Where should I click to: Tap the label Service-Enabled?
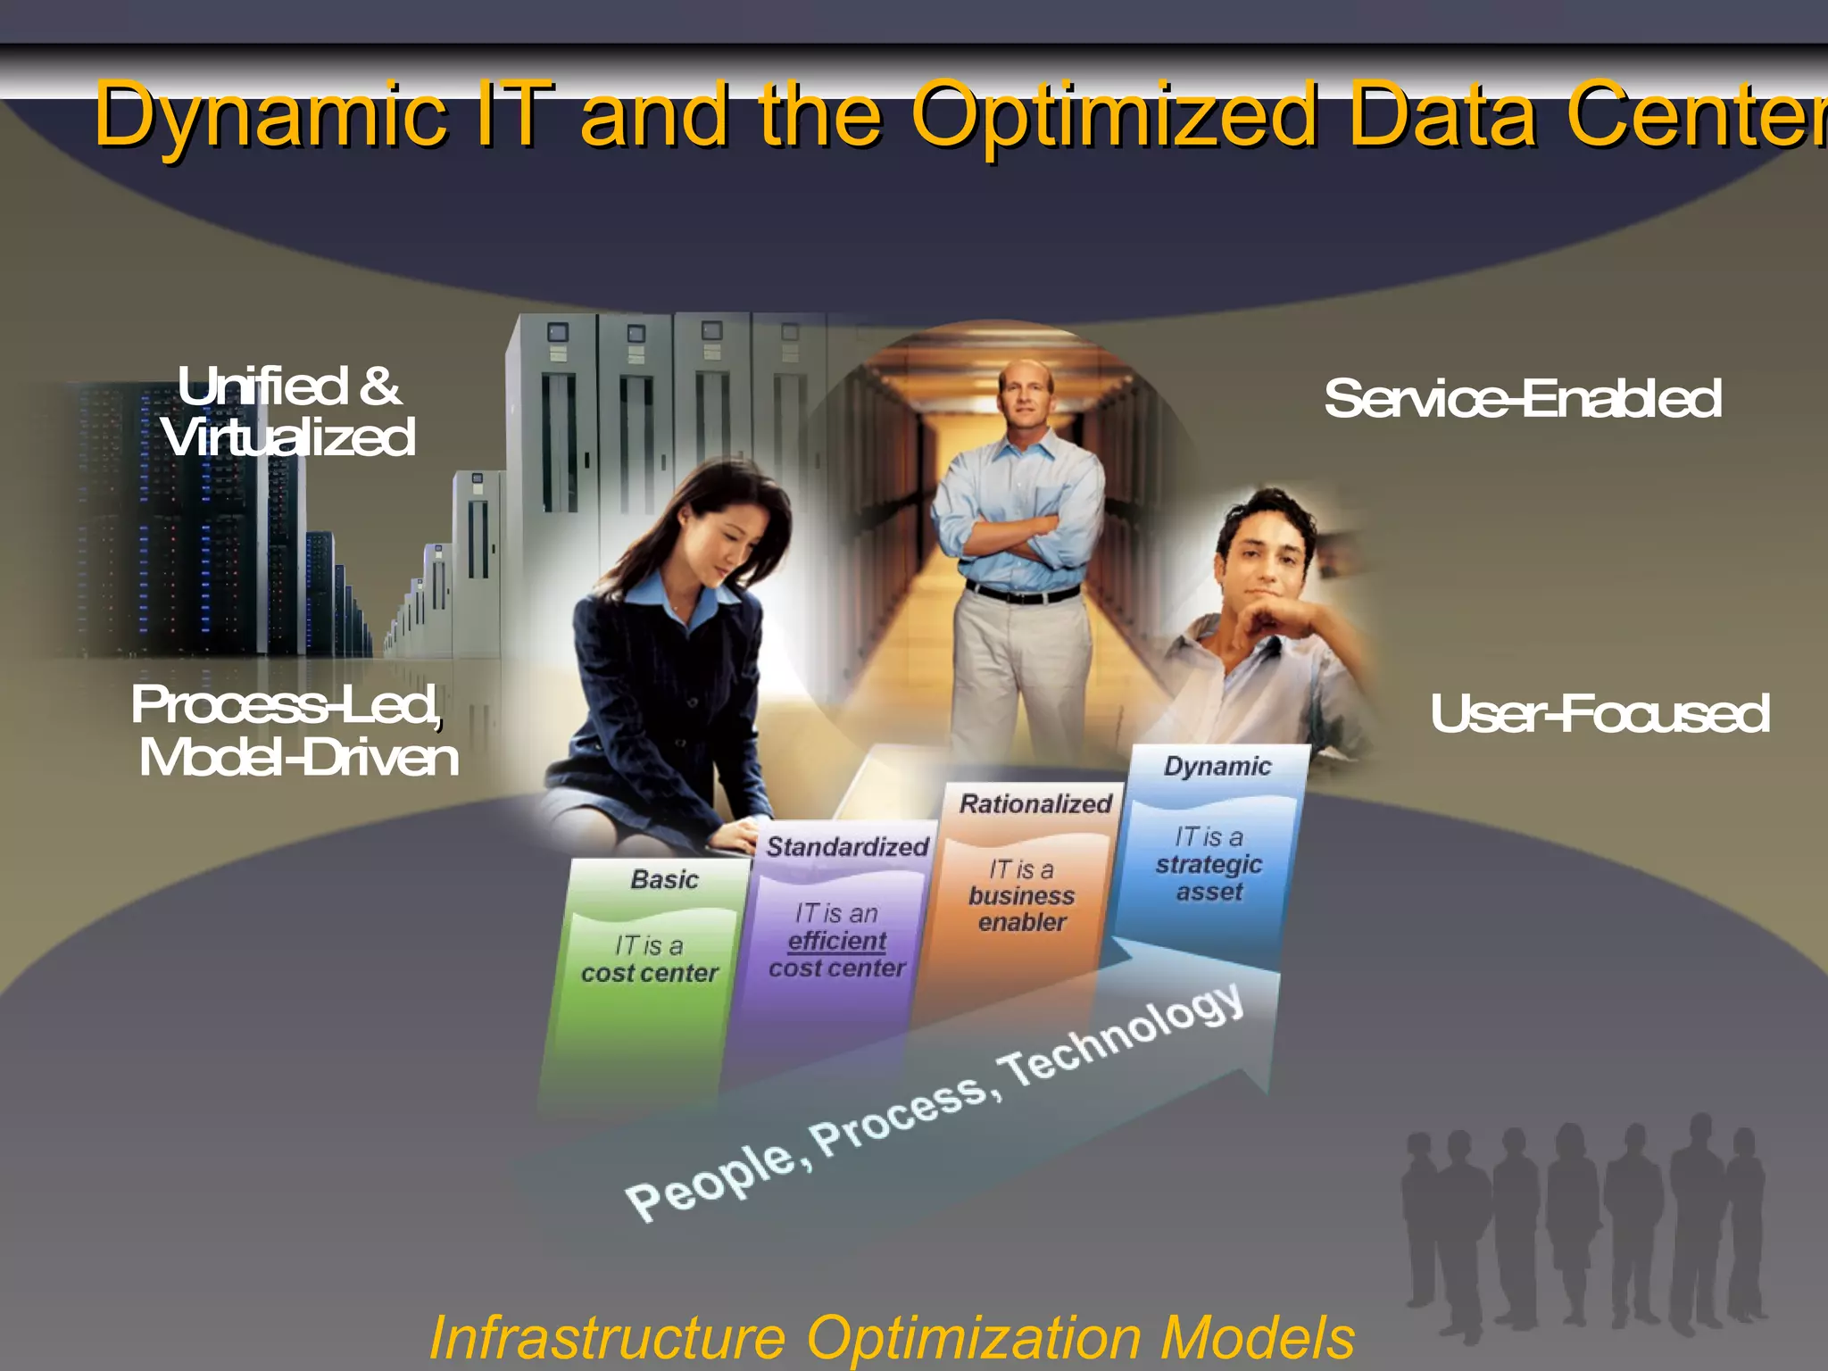pos(1523,399)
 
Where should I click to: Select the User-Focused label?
pos(1599,714)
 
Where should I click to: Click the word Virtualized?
pos(289,438)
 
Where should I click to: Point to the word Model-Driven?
pos(299,758)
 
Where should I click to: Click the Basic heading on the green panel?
pos(664,880)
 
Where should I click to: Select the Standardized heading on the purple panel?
pos(847,847)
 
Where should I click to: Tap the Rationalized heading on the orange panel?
pos(1035,804)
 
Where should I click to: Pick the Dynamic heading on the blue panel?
pos(1217,767)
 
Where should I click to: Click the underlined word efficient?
pos(837,941)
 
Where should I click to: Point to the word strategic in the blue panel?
pos(1209,864)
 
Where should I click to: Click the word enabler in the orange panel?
pos(1022,922)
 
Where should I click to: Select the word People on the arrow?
pos(710,1179)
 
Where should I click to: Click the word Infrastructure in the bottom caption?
pos(608,1337)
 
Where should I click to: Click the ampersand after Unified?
pos(380,387)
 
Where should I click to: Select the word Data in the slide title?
pos(1442,116)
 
